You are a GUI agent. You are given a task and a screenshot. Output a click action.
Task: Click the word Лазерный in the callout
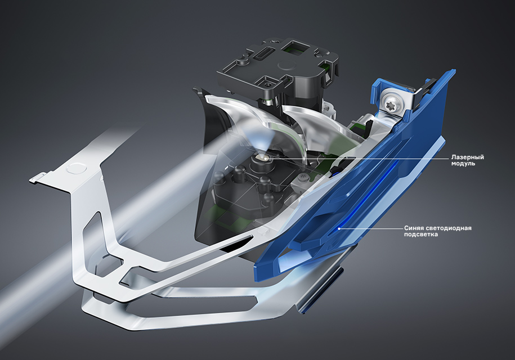pos(467,157)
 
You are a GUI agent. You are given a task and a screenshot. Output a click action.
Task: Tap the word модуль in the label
pos(463,164)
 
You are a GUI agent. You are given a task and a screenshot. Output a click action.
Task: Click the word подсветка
pos(421,235)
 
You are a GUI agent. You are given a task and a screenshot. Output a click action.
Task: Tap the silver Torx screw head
pos(392,99)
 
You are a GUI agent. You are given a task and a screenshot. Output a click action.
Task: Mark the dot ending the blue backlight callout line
pos(339,228)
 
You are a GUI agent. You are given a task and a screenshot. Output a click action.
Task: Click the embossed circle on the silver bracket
pos(76,168)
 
